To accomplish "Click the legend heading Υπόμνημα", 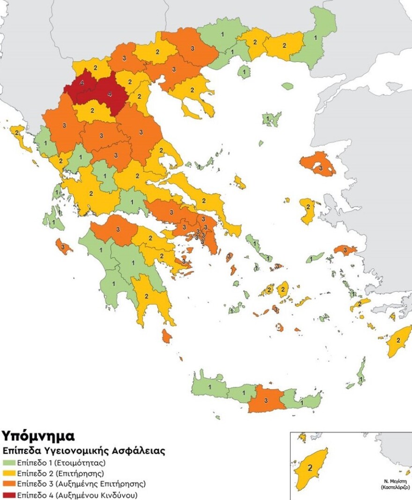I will (38, 436).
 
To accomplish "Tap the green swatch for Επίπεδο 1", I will (9, 461).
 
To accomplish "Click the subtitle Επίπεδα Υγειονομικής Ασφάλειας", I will (84, 451).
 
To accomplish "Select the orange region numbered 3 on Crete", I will (265, 400).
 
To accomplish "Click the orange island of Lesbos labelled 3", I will (320, 167).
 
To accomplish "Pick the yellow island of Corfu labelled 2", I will (18, 133).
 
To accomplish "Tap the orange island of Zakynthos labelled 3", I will (63, 246).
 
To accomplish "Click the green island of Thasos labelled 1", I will (244, 72).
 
